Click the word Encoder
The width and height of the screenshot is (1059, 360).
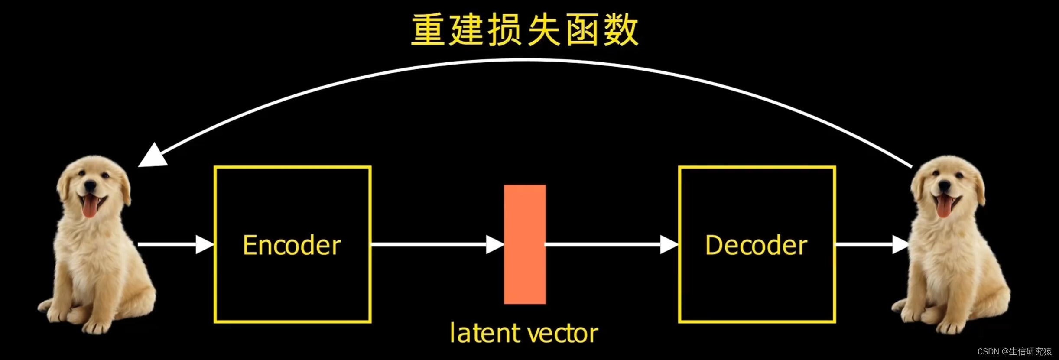(x=292, y=245)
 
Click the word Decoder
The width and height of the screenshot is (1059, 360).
(x=756, y=245)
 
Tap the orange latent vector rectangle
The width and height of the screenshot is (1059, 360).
(x=524, y=244)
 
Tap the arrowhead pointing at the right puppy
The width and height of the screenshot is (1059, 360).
(x=900, y=244)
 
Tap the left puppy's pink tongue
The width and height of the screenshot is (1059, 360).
(x=90, y=207)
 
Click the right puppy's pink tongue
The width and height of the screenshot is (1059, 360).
(x=943, y=207)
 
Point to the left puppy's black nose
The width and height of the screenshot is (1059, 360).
(x=90, y=186)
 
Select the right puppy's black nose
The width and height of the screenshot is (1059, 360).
(x=944, y=186)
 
